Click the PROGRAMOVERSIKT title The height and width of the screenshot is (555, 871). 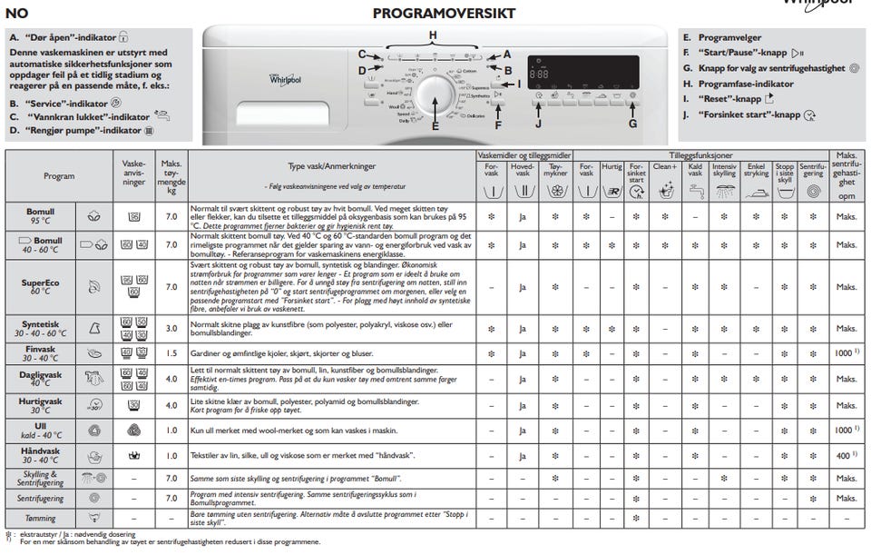pos(445,14)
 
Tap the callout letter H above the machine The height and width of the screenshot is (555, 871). pos(433,35)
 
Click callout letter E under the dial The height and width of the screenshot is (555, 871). pos(435,127)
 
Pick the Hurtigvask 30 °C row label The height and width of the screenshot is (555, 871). pos(42,404)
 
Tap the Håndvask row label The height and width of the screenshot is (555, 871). pos(42,455)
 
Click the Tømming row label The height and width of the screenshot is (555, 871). pos(42,518)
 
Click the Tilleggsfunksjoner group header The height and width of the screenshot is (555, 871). pos(700,156)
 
